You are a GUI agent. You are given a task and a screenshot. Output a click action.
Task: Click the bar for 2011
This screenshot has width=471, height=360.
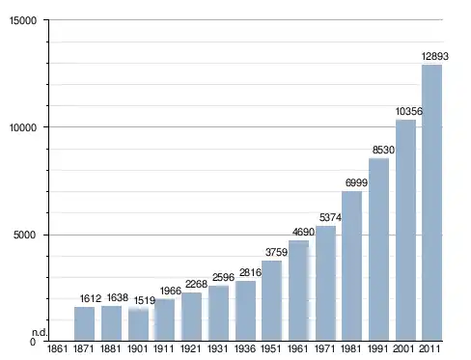pyautogui.click(x=431, y=203)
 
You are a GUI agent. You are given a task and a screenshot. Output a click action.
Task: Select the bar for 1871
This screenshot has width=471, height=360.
pyautogui.click(x=84, y=323)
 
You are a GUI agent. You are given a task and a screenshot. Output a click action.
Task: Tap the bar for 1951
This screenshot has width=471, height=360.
pyautogui.click(x=271, y=300)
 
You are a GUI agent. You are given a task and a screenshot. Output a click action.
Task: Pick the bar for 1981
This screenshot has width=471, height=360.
pyautogui.click(x=351, y=266)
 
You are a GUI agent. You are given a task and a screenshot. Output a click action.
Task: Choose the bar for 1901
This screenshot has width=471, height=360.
pyautogui.click(x=138, y=324)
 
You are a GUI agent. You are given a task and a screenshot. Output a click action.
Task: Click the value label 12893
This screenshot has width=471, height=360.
pyautogui.click(x=435, y=56)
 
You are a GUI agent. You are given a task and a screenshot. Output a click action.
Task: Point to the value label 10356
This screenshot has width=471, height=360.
pyautogui.click(x=409, y=111)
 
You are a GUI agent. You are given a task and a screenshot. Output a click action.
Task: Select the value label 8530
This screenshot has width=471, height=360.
pyautogui.click(x=383, y=150)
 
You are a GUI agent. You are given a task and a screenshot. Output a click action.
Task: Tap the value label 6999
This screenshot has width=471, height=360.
pyautogui.click(x=356, y=182)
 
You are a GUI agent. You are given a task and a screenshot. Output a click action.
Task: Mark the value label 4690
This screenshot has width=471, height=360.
pyautogui.click(x=303, y=232)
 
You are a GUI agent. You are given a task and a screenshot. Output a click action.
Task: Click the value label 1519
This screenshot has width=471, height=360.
pyautogui.click(x=145, y=300)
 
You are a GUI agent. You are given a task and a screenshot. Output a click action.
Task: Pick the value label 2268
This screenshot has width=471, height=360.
pyautogui.click(x=196, y=284)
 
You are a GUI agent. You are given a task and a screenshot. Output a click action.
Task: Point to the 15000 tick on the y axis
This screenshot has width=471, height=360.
pyautogui.click(x=23, y=20)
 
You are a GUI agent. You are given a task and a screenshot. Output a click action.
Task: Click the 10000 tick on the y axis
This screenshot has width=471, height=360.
pyautogui.click(x=23, y=127)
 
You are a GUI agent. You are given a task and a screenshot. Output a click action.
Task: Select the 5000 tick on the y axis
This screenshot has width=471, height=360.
pyautogui.click(x=25, y=235)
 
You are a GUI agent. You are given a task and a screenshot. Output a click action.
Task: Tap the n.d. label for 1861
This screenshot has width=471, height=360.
pyautogui.click(x=40, y=332)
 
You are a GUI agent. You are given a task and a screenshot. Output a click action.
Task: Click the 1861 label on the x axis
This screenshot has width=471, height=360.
pyautogui.click(x=57, y=348)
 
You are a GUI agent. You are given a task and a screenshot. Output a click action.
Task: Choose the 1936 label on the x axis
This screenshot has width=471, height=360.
pyautogui.click(x=245, y=348)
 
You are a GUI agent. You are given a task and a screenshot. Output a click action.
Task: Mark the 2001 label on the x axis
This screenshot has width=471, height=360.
pyautogui.click(x=403, y=348)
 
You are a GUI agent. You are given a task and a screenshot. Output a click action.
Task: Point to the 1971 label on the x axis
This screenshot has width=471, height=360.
pyautogui.click(x=325, y=348)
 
